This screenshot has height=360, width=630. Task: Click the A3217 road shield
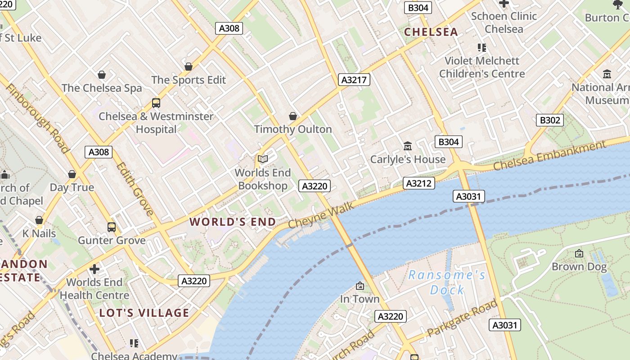[354, 80]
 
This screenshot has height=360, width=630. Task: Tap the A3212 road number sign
[419, 183]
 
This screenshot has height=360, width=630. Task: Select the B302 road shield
[550, 120]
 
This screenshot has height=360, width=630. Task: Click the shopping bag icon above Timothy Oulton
[293, 116]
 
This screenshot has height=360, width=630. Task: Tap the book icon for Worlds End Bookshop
[263, 159]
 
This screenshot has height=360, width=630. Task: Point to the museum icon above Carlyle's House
[408, 146]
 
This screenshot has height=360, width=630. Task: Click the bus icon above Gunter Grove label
[112, 227]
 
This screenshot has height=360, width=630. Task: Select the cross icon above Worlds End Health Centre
[94, 269]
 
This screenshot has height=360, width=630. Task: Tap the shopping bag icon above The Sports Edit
[189, 67]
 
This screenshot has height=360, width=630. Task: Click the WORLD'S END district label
[233, 222]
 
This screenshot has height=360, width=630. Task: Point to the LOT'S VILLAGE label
[144, 313]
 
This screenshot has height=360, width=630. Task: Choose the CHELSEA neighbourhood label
[431, 32]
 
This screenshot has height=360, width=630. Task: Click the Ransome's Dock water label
[447, 282]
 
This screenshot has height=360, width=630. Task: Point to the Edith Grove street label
[135, 189]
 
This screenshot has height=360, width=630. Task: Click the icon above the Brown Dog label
[579, 253]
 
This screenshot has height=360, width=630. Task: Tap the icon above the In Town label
[360, 286]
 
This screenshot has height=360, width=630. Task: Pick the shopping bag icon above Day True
[72, 174]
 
